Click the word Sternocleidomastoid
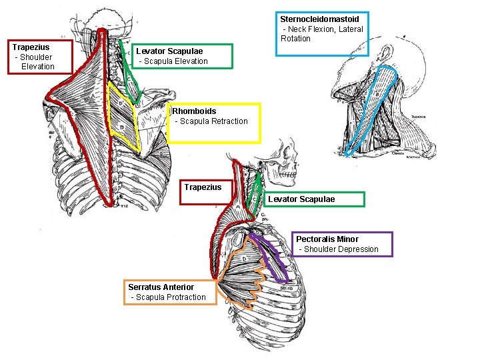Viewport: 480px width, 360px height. coord(319,19)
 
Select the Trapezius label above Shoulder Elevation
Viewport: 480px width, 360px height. coord(31,47)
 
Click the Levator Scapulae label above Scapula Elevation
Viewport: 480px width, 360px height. coord(169,51)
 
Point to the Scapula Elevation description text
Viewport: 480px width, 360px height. coord(173,61)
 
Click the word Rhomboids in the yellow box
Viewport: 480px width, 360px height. coord(194,111)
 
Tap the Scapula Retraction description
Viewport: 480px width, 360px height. coord(211,121)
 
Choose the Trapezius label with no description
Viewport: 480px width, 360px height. coord(203,187)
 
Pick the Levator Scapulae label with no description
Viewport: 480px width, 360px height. coord(301,199)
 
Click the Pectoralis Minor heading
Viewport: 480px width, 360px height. coord(327,239)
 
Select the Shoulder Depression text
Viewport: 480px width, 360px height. coord(339,249)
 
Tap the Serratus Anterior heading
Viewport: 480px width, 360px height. coord(161,287)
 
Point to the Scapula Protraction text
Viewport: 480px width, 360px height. coord(169,297)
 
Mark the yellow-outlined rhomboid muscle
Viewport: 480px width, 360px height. coord(123,113)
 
